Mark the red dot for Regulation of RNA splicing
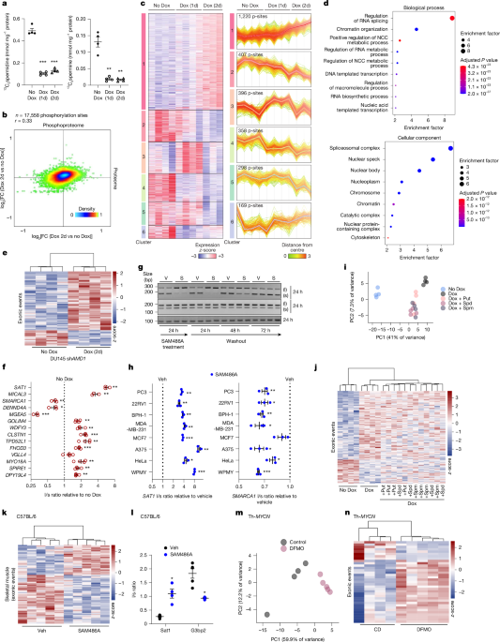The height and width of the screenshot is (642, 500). tap(454, 18)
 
